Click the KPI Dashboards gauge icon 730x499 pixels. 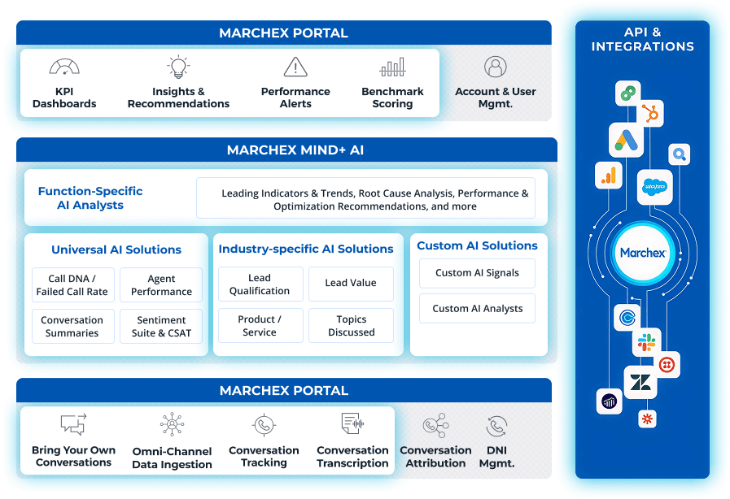(64, 67)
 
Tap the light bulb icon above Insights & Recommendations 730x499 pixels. (178, 67)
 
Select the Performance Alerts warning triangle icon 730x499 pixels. (295, 67)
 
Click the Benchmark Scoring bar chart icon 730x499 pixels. (392, 67)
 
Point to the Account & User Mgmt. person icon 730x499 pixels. (495, 67)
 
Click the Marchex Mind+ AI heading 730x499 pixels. (283, 150)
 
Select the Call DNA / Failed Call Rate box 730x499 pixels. (72, 285)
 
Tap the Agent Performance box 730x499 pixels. (161, 285)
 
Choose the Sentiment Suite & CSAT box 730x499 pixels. (161, 327)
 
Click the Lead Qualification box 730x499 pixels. (259, 284)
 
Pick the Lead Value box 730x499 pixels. (351, 284)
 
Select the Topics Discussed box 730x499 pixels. (351, 326)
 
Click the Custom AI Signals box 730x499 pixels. (477, 273)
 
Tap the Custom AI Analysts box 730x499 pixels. (477, 309)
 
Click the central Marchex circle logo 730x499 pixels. (643, 253)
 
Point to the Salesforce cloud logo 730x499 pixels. (653, 185)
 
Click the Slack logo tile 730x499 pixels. (647, 342)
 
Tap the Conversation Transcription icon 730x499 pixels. (352, 424)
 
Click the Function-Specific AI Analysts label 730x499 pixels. (90, 198)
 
